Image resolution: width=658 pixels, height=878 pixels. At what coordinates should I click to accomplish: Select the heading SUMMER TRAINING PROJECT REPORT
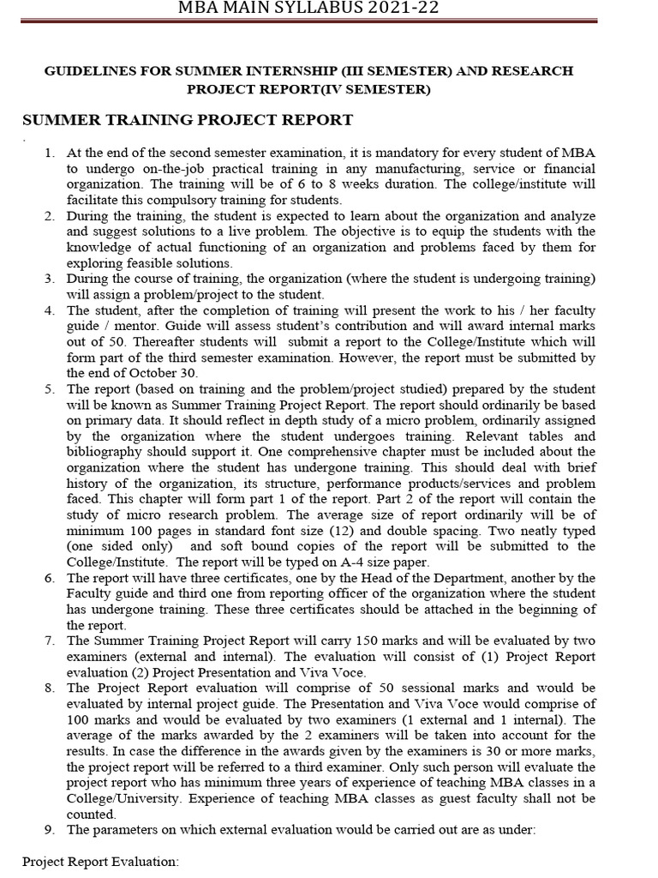pyautogui.click(x=187, y=119)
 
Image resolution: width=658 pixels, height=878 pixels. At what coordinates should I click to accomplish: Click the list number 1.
pyautogui.click(x=50, y=153)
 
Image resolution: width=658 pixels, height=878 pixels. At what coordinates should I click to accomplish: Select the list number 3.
pyautogui.click(x=50, y=279)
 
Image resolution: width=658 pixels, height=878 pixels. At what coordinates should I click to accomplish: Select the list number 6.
pyautogui.click(x=50, y=578)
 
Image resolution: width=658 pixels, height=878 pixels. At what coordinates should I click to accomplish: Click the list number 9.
pyautogui.click(x=50, y=829)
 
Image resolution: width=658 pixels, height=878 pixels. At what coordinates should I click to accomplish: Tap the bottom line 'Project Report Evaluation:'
pyautogui.click(x=100, y=861)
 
